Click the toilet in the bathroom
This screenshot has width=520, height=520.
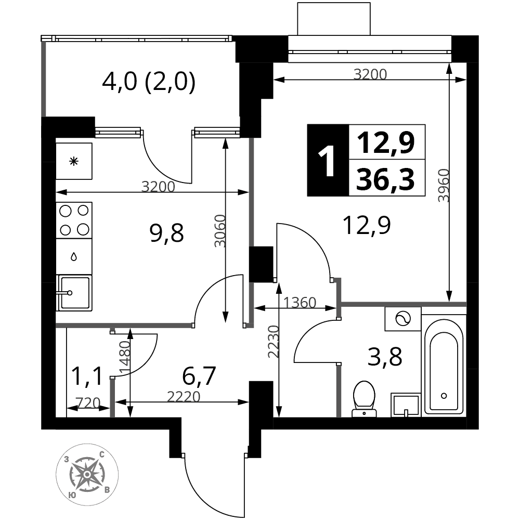click(x=364, y=398)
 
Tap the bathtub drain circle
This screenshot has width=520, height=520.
click(x=444, y=396)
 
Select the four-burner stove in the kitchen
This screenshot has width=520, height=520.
click(x=74, y=220)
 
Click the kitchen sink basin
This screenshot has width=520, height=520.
click(x=74, y=292)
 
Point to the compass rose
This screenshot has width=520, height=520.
click(x=87, y=474)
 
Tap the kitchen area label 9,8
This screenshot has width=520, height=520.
click(x=166, y=233)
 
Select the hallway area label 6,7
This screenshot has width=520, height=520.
click(x=199, y=376)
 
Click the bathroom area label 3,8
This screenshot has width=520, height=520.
click(x=385, y=357)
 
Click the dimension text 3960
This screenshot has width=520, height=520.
click(x=444, y=186)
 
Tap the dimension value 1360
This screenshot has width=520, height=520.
click(x=300, y=303)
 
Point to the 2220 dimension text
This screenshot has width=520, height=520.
click(x=184, y=397)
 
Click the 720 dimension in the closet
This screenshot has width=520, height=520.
click(x=88, y=402)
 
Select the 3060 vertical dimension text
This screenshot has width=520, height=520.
click(x=220, y=231)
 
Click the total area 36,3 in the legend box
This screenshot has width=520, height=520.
click(x=385, y=179)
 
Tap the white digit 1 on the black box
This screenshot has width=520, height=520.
click(x=326, y=162)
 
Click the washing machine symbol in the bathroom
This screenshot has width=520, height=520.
click(x=403, y=319)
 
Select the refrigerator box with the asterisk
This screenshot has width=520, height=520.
click(x=74, y=161)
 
